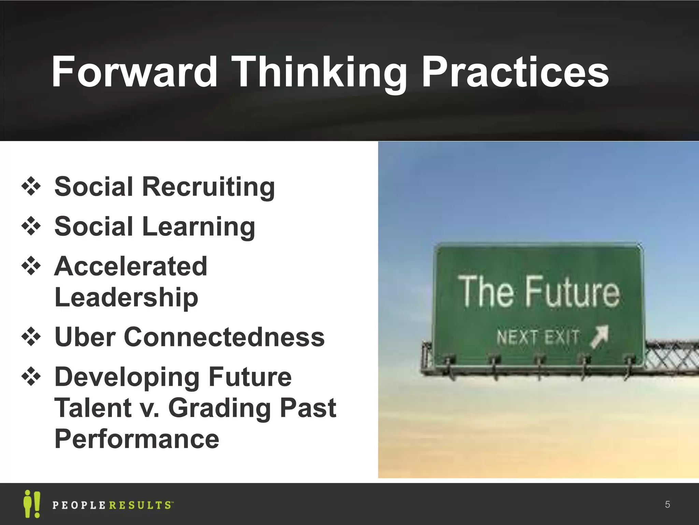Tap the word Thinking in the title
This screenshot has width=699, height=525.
tap(319, 72)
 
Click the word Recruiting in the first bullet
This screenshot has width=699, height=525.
tap(208, 187)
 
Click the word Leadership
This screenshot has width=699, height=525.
tap(126, 297)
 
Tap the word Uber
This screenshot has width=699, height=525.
tap(85, 337)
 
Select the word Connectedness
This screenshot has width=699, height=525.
tap(224, 337)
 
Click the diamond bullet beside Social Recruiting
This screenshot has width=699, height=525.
tap(31, 187)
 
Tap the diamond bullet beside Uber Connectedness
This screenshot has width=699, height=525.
tap(31, 337)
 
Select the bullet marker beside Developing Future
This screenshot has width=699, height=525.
tap(31, 377)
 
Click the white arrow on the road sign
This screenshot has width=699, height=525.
tap(600, 337)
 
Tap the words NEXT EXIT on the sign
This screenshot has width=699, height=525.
tap(538, 337)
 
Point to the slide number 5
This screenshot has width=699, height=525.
tap(668, 504)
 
